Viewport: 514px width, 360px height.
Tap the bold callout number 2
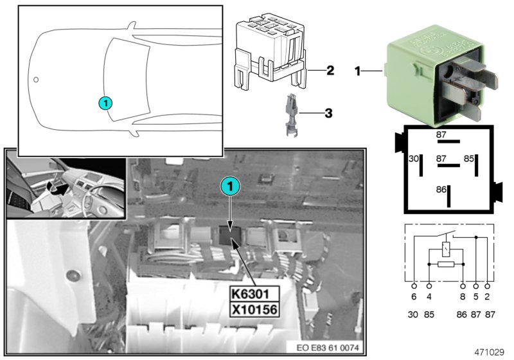(x=330, y=69)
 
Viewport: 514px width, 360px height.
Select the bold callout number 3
(x=328, y=114)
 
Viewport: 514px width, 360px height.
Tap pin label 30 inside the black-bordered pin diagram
(x=414, y=157)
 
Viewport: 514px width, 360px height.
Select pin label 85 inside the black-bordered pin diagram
(x=470, y=157)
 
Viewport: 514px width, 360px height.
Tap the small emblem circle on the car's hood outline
(x=37, y=80)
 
